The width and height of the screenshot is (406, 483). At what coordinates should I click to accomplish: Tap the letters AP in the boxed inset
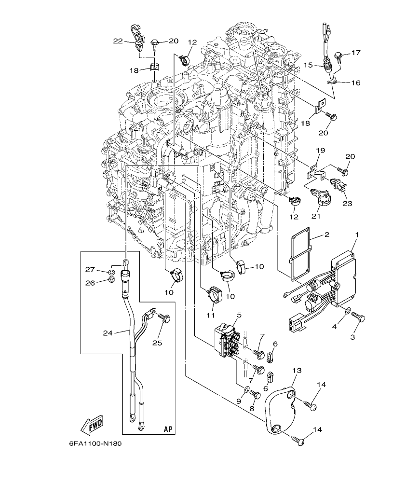coord(168,428)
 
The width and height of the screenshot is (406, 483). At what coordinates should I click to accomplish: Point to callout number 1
coord(357,235)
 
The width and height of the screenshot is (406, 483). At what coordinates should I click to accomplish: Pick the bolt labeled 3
coord(359,318)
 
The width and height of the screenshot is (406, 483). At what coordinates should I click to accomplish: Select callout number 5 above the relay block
coord(239,315)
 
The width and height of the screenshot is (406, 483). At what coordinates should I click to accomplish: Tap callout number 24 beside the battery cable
coord(108,332)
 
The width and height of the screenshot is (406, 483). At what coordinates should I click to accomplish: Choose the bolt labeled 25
coord(165,319)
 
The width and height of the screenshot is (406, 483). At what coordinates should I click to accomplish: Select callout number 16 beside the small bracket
coord(355,83)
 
